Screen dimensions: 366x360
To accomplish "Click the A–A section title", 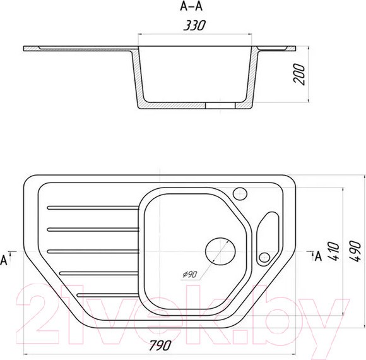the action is click(191, 7).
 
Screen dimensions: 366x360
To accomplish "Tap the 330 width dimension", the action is click(194, 25).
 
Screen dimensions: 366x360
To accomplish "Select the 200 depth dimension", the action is click(299, 74).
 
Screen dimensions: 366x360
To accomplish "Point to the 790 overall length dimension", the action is click(160, 345).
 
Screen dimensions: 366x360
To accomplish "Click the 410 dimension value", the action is click(333, 251).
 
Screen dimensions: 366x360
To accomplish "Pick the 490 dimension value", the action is click(355, 251).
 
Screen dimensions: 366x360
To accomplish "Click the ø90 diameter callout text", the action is click(190, 275).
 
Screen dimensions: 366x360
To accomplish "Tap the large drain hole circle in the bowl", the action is click(220, 251).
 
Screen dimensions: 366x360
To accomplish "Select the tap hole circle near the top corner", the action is click(240, 194).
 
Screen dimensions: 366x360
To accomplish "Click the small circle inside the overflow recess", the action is click(264, 258).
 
